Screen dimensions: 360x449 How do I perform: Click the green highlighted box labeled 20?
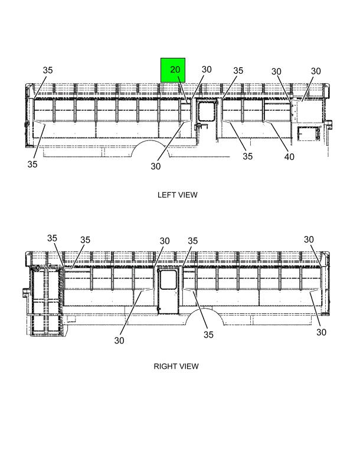click(173, 70)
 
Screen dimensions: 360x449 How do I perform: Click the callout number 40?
click(289, 156)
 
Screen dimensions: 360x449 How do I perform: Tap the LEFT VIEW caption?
click(177, 195)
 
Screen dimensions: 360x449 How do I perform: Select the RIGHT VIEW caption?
click(176, 366)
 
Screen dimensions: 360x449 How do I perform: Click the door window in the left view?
click(207, 112)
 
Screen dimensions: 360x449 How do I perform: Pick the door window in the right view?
click(168, 280)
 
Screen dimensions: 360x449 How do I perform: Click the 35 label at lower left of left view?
click(32, 164)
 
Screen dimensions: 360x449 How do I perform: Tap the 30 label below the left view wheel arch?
click(156, 166)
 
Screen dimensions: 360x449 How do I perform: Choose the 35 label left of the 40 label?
click(248, 156)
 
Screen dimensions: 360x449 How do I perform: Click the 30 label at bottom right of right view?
click(321, 332)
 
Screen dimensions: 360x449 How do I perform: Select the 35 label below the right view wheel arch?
click(208, 335)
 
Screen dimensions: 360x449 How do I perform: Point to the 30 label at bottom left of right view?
click(119, 340)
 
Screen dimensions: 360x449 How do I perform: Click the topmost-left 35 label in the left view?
click(48, 70)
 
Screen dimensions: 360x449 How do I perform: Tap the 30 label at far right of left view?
click(316, 71)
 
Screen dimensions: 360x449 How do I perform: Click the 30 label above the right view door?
click(165, 241)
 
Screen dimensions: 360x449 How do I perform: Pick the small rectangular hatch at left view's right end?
click(308, 133)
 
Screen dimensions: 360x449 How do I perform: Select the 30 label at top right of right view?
click(309, 240)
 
